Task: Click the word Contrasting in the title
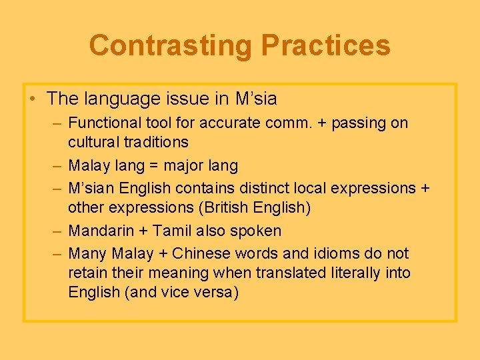click(171, 45)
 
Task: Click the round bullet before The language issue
click(33, 99)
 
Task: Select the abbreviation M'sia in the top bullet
click(256, 99)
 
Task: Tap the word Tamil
click(173, 231)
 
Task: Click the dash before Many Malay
click(57, 254)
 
